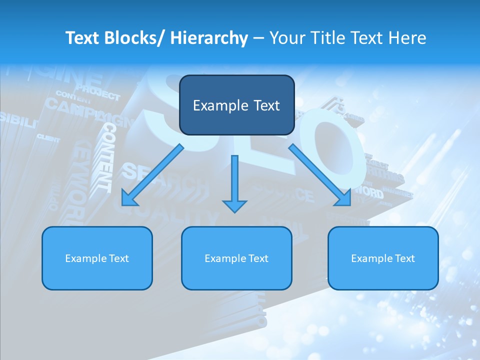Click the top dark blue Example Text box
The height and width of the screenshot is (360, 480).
[236, 105]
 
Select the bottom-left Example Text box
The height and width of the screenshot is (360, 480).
[97, 258]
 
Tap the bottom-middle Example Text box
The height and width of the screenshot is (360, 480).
[236, 258]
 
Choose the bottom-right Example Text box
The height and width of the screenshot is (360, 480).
[383, 258]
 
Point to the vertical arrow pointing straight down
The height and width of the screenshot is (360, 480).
[234, 182]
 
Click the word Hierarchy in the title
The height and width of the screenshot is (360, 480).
[209, 38]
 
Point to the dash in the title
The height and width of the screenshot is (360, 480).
[258, 38]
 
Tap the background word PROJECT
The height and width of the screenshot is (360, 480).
[98, 93]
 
